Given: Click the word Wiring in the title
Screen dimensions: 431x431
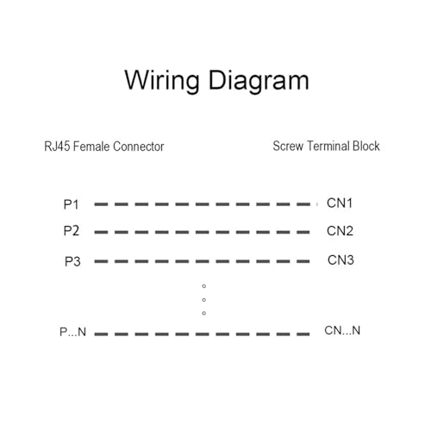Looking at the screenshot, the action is point(162,81).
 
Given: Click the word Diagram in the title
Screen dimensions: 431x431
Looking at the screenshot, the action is point(259,81).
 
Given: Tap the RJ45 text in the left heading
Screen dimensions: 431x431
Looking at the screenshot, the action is point(57,147).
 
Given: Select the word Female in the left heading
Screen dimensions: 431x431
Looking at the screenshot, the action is point(91,147).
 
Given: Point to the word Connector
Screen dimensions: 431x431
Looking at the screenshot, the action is point(139,147).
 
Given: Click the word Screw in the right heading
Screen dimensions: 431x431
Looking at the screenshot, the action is point(288,146).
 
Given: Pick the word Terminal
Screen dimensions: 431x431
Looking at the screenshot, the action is point(328,146).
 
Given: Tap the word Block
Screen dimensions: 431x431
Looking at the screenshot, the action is point(366,146).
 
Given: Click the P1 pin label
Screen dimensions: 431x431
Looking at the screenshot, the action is point(71,204).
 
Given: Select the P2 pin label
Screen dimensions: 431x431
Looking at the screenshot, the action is point(72,231).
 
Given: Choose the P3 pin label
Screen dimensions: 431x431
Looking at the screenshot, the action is point(72,261).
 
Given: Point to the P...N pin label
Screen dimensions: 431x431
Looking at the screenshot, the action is point(72,332).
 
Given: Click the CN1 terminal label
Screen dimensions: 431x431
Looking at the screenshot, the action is point(340,203).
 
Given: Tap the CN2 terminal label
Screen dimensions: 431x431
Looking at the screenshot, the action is point(340,231).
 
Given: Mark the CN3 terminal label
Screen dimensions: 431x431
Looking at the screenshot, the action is point(340,260).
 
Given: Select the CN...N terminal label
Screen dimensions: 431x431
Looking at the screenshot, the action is point(342,330).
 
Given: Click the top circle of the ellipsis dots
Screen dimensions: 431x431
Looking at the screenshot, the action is point(204,286).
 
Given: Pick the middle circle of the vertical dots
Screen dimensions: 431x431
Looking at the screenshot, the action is point(204,300).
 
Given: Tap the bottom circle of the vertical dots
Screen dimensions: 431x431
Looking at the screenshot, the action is point(204,313).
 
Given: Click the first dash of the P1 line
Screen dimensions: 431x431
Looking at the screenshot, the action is point(101,204).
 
